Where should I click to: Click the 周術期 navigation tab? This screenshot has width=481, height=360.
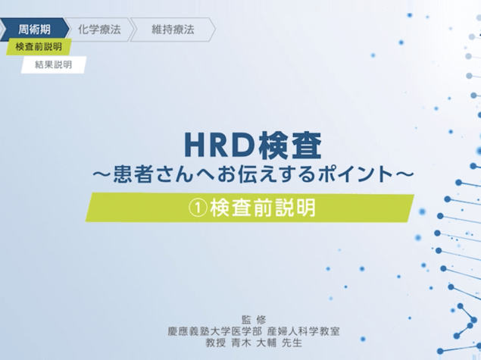34,30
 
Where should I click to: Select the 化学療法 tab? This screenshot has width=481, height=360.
99,30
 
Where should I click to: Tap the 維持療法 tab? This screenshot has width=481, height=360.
173,30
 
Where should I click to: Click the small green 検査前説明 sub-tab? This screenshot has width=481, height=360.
39,47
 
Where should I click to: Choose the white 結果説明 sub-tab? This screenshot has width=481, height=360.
53,64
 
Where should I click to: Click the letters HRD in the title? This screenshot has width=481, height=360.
220,146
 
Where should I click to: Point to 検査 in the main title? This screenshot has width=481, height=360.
290,146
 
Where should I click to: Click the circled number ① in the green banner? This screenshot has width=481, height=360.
198,208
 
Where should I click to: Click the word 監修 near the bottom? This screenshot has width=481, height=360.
254,320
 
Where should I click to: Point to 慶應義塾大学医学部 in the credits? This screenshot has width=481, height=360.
214,331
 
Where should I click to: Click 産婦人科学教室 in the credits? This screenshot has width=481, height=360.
304,331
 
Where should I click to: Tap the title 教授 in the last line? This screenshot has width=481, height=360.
216,343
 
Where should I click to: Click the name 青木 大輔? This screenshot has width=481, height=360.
254,343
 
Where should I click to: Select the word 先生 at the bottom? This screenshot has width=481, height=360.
292,343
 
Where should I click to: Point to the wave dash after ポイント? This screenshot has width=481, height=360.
404,174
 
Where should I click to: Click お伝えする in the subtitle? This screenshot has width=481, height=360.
267,174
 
